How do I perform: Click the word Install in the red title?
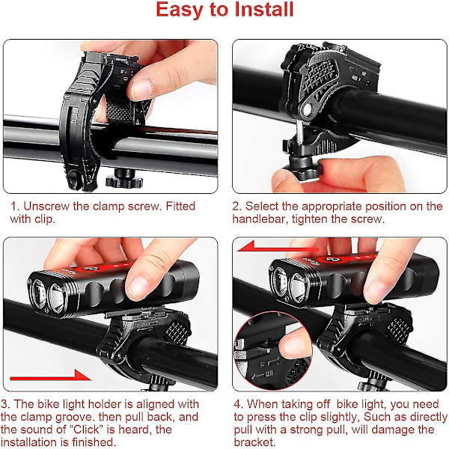click(x=264, y=10)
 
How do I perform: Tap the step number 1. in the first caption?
click(x=15, y=207)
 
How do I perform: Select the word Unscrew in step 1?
click(x=46, y=207)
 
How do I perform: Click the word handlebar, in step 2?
click(x=260, y=219)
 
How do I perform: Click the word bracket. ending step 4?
click(x=254, y=442)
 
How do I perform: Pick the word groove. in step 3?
click(x=76, y=418)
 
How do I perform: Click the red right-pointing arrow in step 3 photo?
click(x=50, y=376)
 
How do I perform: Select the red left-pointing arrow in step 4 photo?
click(x=278, y=247)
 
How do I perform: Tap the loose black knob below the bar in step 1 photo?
click(x=124, y=178)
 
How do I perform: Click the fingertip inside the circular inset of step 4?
click(x=295, y=346)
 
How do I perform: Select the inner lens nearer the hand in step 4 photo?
click(x=298, y=287)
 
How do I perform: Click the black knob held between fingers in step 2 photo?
click(x=304, y=169)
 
